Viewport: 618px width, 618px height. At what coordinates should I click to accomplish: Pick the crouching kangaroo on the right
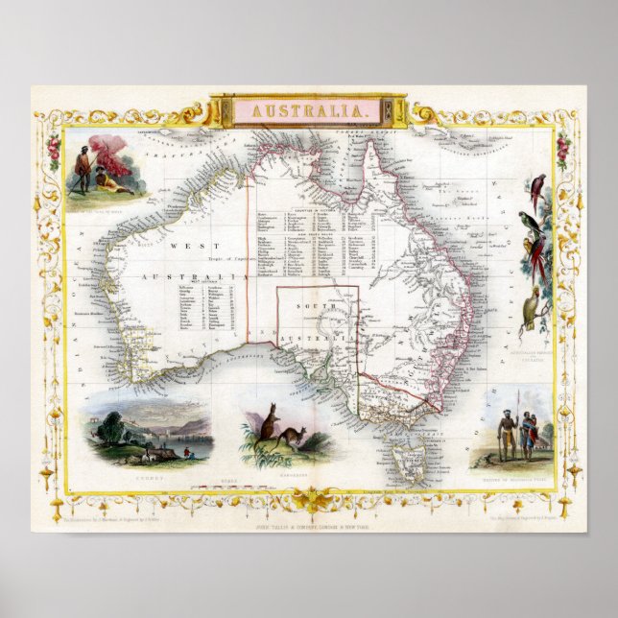point(288,438)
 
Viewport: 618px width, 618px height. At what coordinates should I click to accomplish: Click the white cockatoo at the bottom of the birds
point(531,309)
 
